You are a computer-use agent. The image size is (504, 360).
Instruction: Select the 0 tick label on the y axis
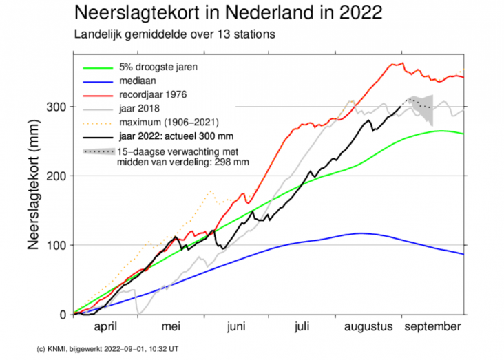63,315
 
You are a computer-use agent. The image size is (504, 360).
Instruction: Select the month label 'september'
432,327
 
